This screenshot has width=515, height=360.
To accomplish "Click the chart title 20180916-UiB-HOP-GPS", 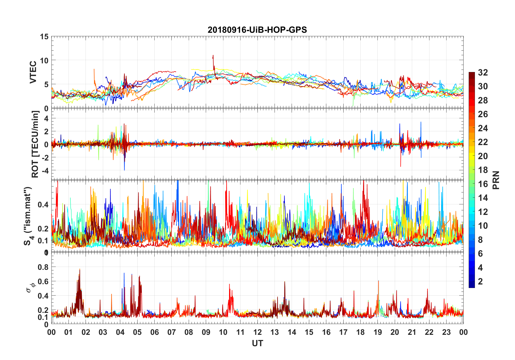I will click(257, 30).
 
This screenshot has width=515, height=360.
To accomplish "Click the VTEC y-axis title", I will click(33, 72).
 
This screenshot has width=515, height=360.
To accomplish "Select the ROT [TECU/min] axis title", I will click(35, 144).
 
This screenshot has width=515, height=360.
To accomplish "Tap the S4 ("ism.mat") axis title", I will click(28, 216).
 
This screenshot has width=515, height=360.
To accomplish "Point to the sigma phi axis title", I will click(31, 287).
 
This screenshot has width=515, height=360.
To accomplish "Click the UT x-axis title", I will click(257, 343).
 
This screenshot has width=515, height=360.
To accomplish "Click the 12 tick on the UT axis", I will click(257, 332).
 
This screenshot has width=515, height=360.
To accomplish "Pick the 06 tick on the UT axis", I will click(155, 332).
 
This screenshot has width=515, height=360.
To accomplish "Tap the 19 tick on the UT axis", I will click(378, 332).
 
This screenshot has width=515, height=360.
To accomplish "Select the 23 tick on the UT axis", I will click(446, 332).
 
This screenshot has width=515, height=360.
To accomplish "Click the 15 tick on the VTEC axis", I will click(44, 37).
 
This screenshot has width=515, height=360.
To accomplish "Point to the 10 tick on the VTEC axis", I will click(44, 60).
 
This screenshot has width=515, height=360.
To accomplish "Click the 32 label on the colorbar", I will click(483, 73).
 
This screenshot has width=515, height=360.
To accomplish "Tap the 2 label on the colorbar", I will click(480, 282).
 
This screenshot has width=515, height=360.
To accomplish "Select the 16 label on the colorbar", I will click(483, 184).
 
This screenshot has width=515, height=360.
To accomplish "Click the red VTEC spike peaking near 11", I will click(213, 56).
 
